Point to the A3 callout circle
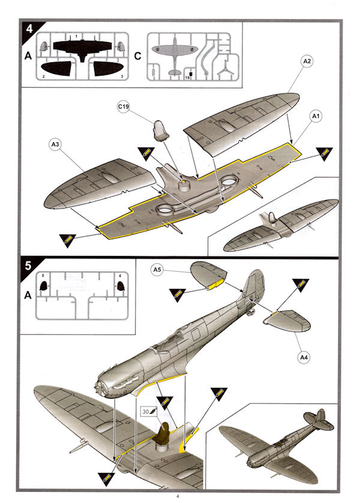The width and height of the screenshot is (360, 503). pos(55,144)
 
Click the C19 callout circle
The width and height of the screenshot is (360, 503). pos(124,107)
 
